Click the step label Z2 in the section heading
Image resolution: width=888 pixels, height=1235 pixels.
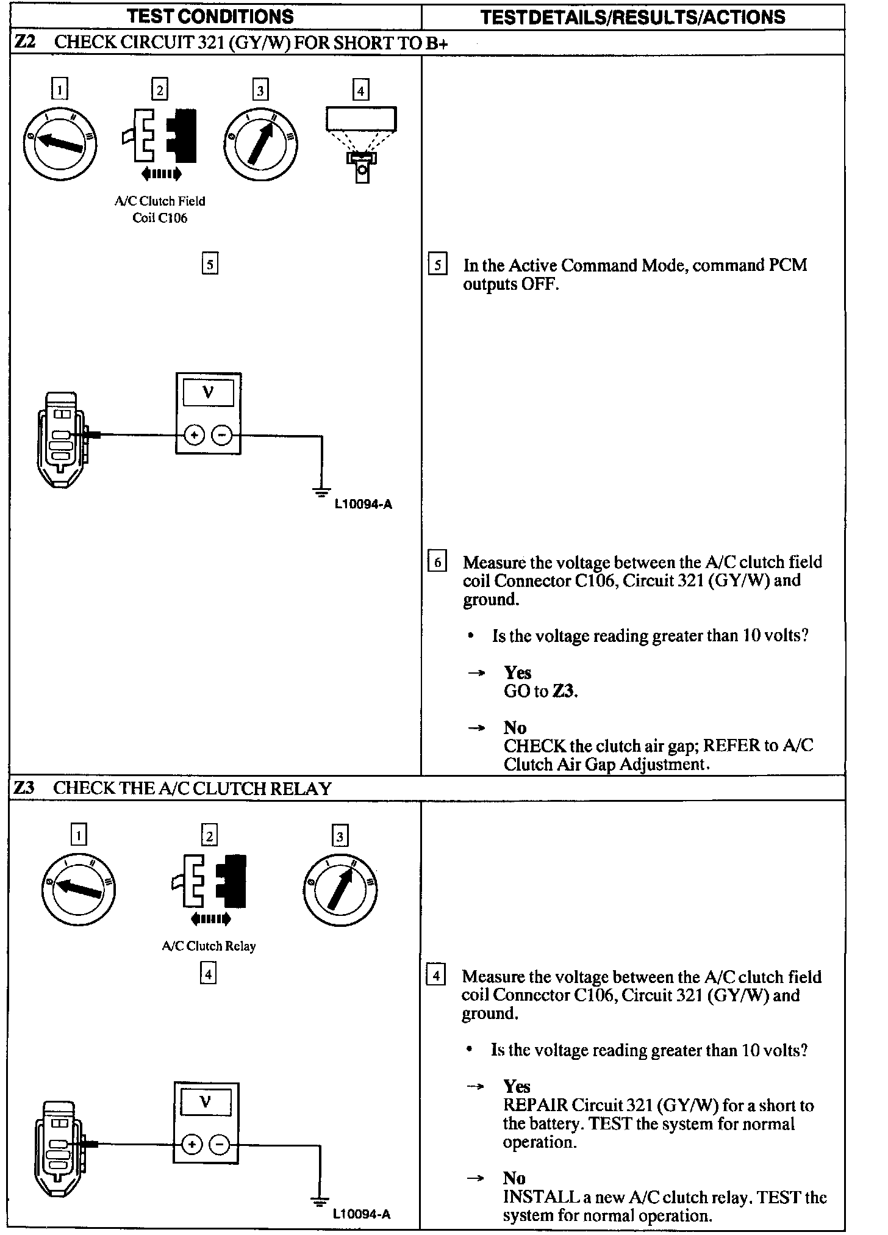click(26, 42)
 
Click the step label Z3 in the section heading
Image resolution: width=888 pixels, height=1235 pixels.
click(24, 788)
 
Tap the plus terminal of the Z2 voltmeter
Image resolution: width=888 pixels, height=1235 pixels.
click(194, 435)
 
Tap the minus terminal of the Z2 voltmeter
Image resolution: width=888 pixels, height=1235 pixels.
click(221, 435)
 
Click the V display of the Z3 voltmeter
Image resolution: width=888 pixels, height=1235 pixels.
click(206, 1102)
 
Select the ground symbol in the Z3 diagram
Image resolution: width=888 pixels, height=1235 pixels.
click(319, 1201)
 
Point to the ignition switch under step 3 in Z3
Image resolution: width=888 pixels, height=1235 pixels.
click(340, 888)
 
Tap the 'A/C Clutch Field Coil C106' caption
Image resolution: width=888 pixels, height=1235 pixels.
click(160, 209)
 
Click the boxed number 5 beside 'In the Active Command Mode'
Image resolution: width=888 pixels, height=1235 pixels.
click(437, 265)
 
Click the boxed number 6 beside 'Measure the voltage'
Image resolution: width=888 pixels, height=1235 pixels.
click(437, 562)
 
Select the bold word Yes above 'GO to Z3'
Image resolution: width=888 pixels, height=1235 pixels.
click(517, 672)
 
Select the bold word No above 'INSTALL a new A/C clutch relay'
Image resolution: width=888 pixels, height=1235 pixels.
click(514, 1178)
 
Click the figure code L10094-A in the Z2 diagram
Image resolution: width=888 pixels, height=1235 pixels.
click(363, 505)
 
